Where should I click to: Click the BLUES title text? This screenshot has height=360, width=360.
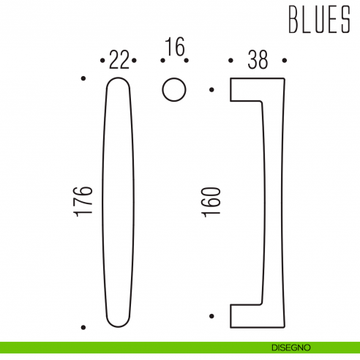pos(318,21)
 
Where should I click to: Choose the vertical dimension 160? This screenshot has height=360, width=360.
pos(211,200)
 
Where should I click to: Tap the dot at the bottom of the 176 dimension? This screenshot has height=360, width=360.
pos(84,326)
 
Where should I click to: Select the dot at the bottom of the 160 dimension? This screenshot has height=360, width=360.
pos(211,316)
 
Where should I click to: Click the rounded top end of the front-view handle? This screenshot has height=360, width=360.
pos(119,82)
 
